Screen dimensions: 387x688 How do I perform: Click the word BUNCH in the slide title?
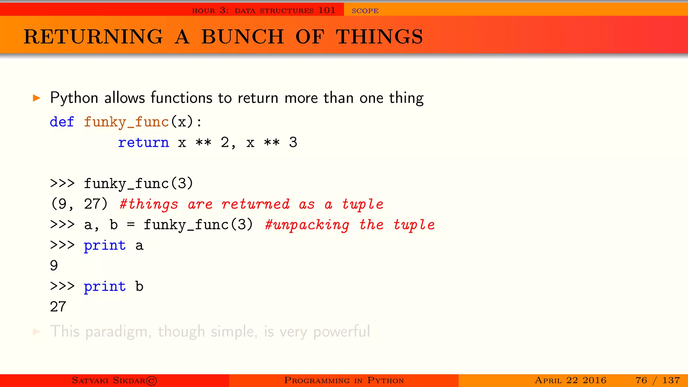pos(243,37)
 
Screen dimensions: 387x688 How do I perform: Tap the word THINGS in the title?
pos(379,37)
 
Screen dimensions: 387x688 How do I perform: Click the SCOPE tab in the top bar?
pos(365,11)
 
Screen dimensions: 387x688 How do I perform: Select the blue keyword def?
pos(62,122)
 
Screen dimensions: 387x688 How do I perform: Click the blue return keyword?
pos(143,142)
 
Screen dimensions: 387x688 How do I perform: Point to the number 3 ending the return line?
pos(293,142)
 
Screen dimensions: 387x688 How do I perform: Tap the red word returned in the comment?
pos(255,204)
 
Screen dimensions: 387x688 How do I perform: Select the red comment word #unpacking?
pos(307,225)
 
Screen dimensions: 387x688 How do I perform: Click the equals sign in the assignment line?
pos(131,225)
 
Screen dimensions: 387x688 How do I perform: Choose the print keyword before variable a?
pos(105,246)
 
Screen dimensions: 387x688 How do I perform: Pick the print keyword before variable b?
pos(105,287)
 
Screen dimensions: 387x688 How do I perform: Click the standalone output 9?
pos(54,266)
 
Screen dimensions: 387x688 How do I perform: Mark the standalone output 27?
pos(58,307)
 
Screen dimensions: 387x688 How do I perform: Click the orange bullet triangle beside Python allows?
pos(37,98)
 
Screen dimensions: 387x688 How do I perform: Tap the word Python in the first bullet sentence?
pos(74,98)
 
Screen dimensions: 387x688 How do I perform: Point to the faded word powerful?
pos(341,332)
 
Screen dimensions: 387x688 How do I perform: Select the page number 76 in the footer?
pos(641,380)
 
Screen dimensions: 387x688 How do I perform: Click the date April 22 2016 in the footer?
pos(570,380)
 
